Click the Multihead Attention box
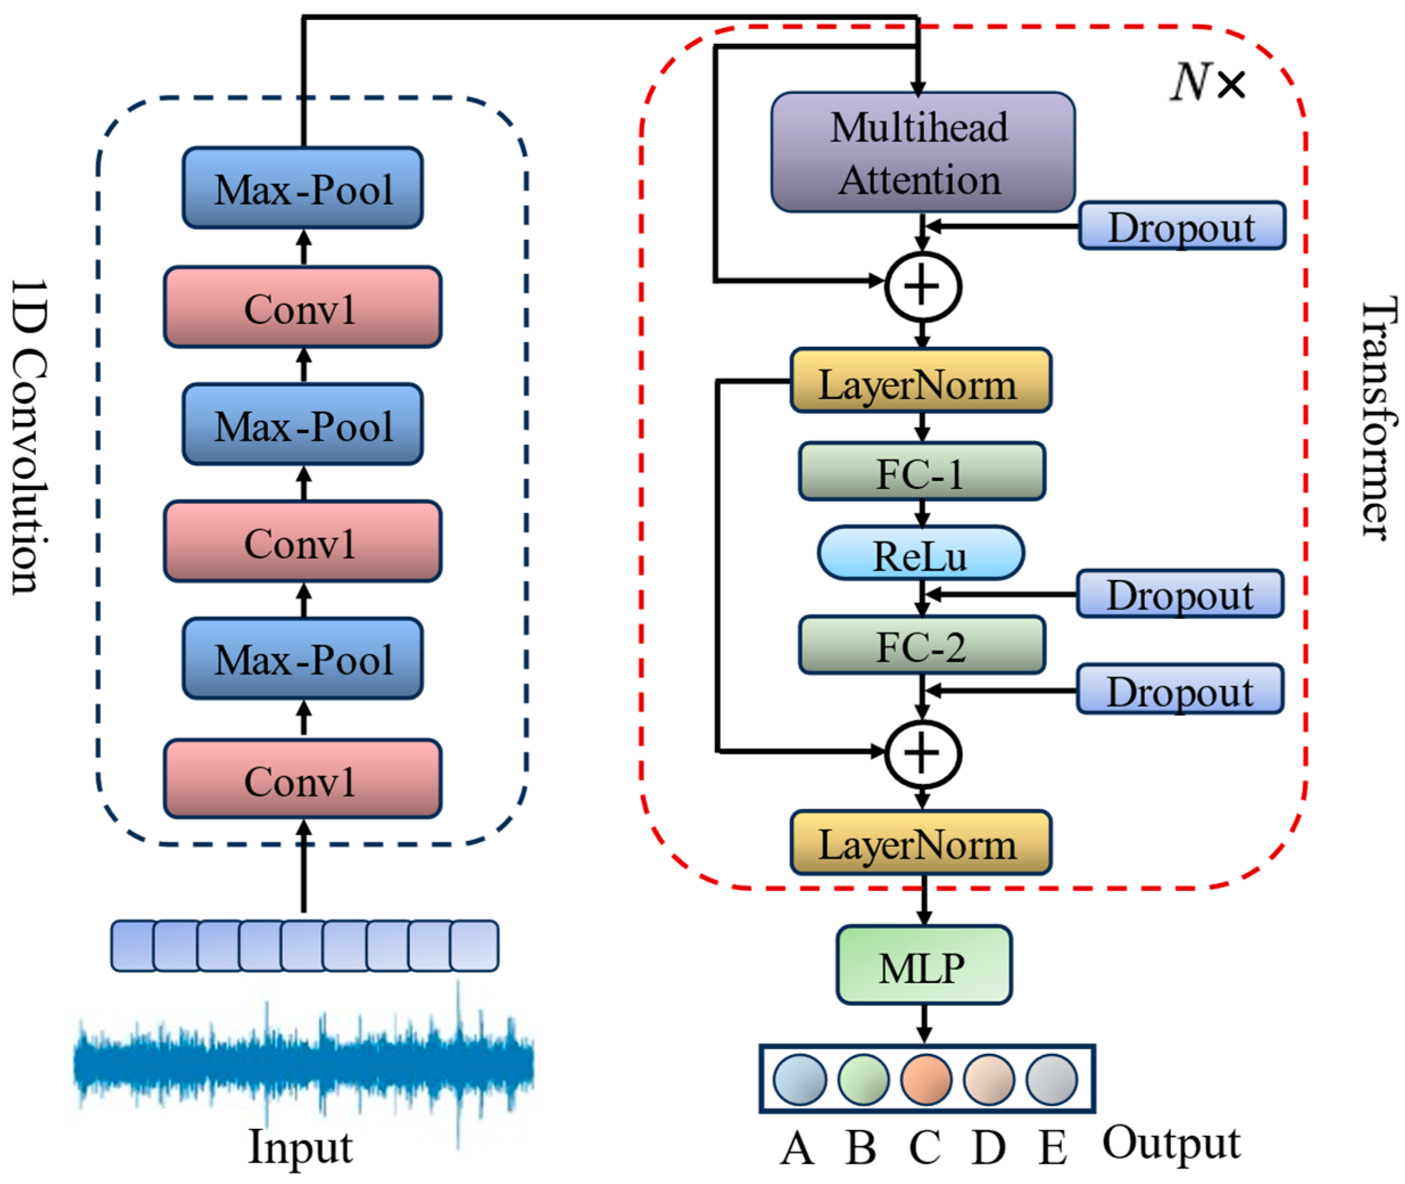(923, 152)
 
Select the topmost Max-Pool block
(302, 188)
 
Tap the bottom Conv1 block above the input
(302, 779)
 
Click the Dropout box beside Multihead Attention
(1182, 226)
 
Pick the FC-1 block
(922, 471)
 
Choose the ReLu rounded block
(921, 553)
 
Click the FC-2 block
(922, 645)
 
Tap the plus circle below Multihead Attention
(923, 287)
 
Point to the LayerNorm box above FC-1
(921, 380)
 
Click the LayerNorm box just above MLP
(921, 843)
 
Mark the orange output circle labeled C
(926, 1080)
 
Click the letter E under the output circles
(1052, 1148)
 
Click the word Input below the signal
(300, 1146)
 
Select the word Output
(1171, 1142)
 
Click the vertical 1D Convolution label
(30, 436)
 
